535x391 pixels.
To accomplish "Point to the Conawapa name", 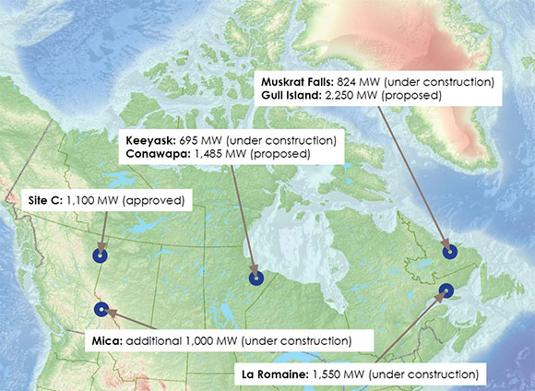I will [x=160, y=154].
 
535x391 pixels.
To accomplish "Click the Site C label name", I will [x=42, y=200].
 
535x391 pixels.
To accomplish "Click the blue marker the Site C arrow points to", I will [x=101, y=256].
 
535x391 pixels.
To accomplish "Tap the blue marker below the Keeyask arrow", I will [x=256, y=277].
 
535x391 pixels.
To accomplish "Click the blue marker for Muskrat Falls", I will [x=448, y=250].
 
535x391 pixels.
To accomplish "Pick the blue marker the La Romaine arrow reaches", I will [x=446, y=290].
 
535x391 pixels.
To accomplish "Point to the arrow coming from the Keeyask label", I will [x=242, y=217].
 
